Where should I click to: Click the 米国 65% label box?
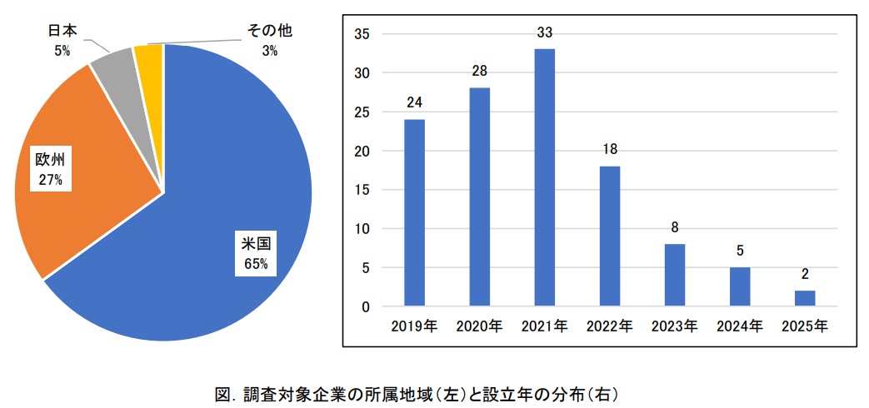[x=255, y=253]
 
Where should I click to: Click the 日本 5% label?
[x=62, y=39]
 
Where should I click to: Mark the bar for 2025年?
[x=805, y=298]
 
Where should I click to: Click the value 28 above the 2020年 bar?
[x=479, y=72]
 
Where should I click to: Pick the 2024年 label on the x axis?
[x=740, y=326]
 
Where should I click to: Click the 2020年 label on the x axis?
[x=479, y=326]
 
